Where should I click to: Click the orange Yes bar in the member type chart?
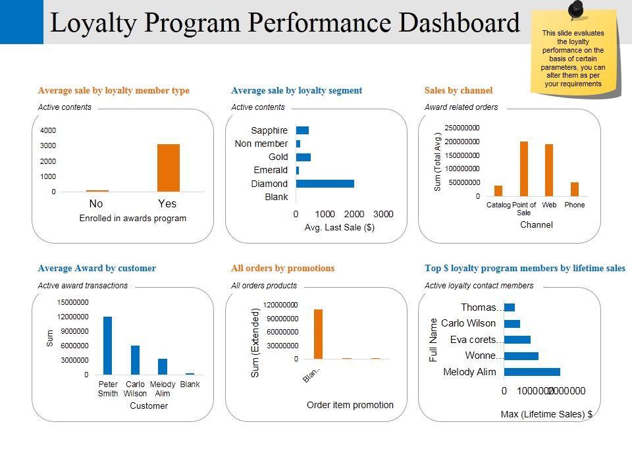pos(168,168)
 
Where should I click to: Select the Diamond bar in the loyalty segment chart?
pos(325,184)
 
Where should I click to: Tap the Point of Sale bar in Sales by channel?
pos(524,169)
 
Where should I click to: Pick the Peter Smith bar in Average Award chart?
pos(107,346)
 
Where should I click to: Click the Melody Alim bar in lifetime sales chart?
pos(532,372)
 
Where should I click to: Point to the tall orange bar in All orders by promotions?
pos(318,334)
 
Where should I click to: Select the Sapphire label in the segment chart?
pos(269,130)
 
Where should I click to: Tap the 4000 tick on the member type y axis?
pos(48,130)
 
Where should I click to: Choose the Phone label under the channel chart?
pos(575,205)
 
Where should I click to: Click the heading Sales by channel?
pos(458,90)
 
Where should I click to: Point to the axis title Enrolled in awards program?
pos(133,218)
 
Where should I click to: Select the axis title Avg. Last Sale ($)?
pos(340,227)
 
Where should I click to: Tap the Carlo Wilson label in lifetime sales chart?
pos(468,323)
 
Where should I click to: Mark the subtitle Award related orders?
pos(461,107)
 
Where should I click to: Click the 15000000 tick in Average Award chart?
pos(73,302)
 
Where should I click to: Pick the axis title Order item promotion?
pos(350,405)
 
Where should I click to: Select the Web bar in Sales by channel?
pos(549,170)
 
